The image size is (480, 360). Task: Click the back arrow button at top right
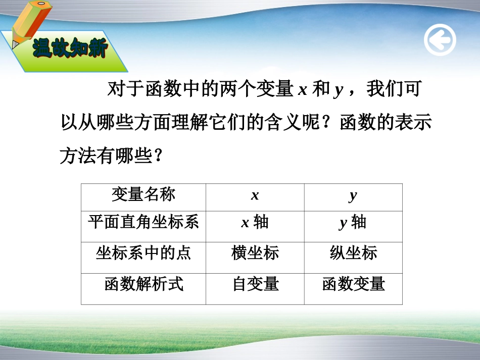(x=440, y=40)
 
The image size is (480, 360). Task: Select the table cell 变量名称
(x=143, y=194)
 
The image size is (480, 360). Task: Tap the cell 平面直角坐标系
(x=143, y=222)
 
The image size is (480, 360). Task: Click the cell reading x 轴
(x=255, y=223)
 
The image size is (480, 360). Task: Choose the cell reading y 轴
(x=353, y=223)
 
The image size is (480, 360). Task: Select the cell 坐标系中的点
(x=143, y=252)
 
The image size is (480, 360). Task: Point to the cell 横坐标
(x=255, y=252)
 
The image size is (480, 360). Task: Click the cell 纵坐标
(x=353, y=252)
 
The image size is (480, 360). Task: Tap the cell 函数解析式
(x=143, y=284)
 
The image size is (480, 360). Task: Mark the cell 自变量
(x=255, y=284)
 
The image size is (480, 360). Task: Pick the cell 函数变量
(x=353, y=284)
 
